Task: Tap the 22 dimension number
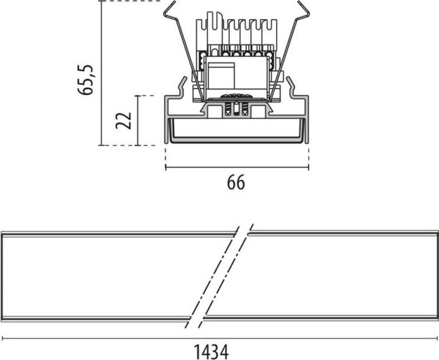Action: (x=124, y=120)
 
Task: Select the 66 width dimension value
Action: (x=236, y=182)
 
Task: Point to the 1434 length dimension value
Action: (x=211, y=351)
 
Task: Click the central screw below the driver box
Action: (x=236, y=107)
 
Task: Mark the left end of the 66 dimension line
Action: (x=166, y=167)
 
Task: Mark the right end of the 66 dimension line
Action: (x=308, y=167)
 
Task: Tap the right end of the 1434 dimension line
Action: (x=437, y=338)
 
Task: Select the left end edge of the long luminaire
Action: (x=2, y=276)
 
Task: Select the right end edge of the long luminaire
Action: (x=437, y=276)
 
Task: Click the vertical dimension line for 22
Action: (x=138, y=120)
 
